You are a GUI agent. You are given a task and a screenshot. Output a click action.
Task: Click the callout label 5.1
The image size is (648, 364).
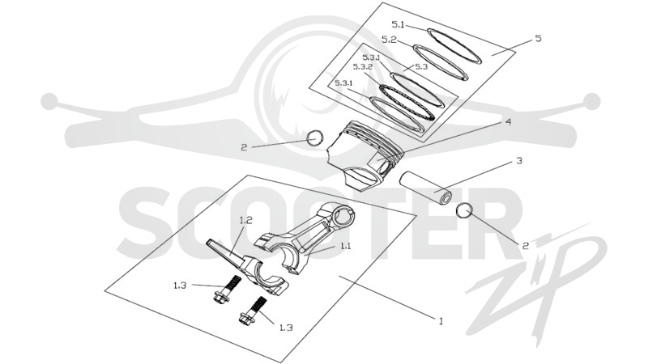click(x=398, y=25)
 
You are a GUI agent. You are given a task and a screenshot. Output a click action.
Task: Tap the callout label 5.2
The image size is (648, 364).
click(x=389, y=40)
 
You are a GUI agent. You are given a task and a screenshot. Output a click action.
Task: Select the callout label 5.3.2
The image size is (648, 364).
click(x=363, y=66)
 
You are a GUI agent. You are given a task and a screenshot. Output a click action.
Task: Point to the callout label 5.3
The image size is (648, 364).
click(x=421, y=66)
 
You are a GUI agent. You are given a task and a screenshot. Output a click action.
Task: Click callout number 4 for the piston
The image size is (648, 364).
click(x=508, y=122)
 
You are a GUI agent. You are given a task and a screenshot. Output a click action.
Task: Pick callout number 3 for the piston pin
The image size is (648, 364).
click(x=519, y=160)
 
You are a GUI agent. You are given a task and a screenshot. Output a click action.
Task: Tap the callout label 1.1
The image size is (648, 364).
click(x=345, y=246)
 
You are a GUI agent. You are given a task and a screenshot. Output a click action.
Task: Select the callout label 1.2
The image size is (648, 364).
click(x=245, y=220)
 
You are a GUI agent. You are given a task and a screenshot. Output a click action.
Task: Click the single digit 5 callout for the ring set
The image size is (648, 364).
click(x=538, y=38)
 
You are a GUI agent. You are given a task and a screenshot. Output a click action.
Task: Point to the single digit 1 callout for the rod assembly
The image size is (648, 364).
click(x=441, y=320)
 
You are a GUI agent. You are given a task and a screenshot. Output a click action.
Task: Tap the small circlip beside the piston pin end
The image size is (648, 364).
click(x=464, y=210)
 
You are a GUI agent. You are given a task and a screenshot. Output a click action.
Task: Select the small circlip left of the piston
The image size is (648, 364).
click(x=315, y=138)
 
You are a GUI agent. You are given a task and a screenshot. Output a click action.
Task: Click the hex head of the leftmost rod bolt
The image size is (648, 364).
click(x=220, y=297)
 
